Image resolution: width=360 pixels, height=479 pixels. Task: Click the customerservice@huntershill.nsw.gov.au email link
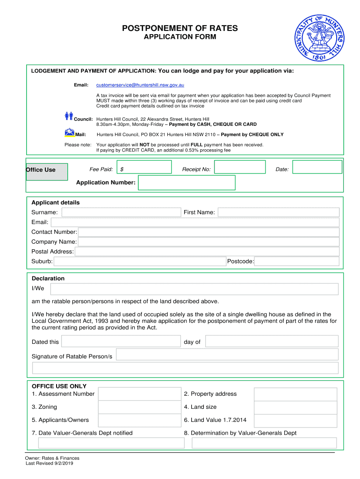[x=140, y=85]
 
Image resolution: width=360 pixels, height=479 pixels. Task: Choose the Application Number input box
[x=187, y=182]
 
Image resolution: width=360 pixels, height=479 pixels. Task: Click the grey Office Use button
[x=47, y=171]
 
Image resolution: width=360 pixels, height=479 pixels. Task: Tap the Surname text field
[x=121, y=212]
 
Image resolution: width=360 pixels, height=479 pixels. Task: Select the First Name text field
[x=279, y=212]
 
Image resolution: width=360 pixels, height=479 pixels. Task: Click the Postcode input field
[x=297, y=261]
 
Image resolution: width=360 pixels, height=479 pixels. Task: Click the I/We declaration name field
[x=194, y=289]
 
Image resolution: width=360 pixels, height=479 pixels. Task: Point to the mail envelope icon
[x=70, y=132]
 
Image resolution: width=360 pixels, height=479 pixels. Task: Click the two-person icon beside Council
[x=69, y=116]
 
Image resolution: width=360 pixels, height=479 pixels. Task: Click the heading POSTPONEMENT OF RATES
[x=180, y=29]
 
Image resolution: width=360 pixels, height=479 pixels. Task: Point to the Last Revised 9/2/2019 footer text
[x=49, y=464]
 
